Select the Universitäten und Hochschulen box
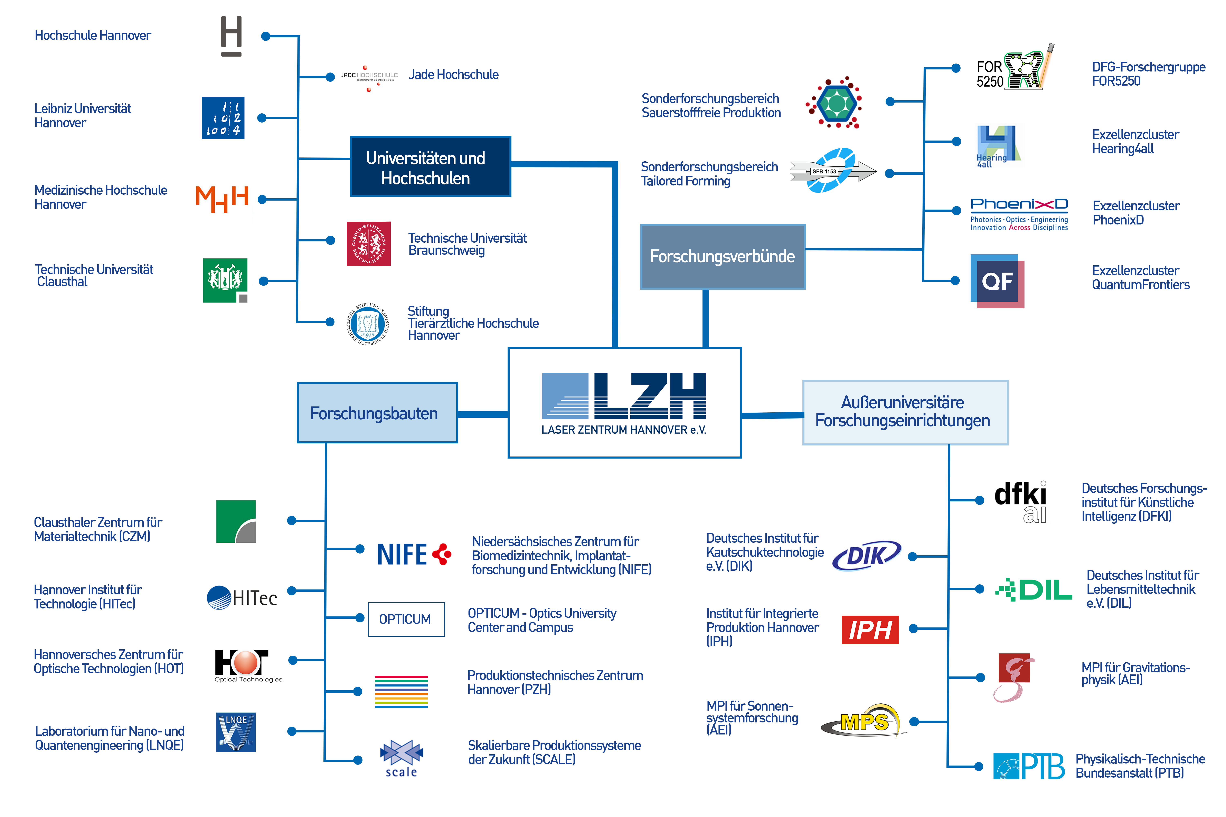click(x=430, y=167)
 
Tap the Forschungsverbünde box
click(x=723, y=256)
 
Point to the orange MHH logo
click(x=222, y=199)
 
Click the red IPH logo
click(x=870, y=629)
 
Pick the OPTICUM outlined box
click(x=406, y=619)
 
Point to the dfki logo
click(x=1021, y=500)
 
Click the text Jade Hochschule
click(x=453, y=75)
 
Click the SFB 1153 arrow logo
click(x=832, y=171)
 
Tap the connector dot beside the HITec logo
click(x=292, y=590)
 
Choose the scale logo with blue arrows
click(x=401, y=758)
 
